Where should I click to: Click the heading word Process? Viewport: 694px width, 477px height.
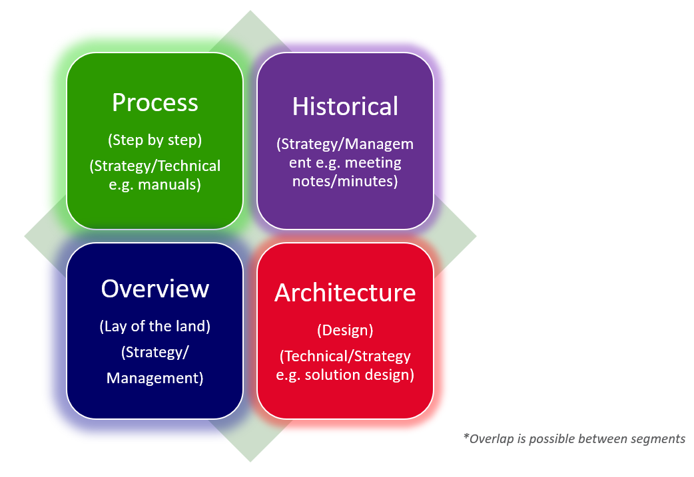click(x=155, y=103)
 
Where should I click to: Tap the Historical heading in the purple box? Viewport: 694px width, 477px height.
click(x=345, y=106)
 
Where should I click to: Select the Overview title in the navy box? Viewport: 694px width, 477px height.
click(x=155, y=289)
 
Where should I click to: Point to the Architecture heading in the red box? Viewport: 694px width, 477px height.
click(x=345, y=293)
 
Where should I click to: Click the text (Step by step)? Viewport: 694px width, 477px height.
click(x=155, y=140)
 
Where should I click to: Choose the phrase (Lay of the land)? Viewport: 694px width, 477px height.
click(x=155, y=327)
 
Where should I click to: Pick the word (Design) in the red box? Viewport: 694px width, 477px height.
click(x=345, y=330)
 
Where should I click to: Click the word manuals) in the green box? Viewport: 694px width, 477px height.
click(x=171, y=184)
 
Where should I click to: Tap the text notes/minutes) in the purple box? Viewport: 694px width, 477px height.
click(x=345, y=180)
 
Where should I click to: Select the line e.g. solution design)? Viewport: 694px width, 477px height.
click(x=345, y=375)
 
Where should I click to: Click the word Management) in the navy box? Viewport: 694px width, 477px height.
click(x=155, y=378)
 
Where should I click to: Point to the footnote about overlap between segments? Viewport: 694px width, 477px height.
click(x=574, y=438)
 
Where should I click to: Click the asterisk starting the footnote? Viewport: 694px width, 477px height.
click(x=466, y=438)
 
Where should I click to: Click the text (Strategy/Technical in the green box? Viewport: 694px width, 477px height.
click(x=155, y=166)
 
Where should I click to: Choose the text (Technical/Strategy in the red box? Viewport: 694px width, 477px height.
click(x=345, y=356)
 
